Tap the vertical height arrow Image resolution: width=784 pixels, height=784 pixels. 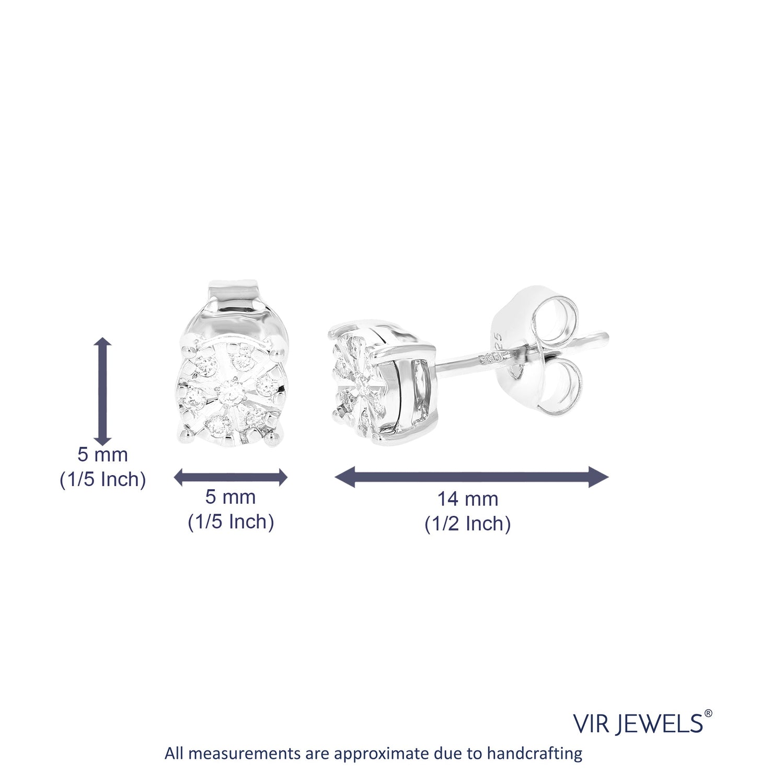(x=103, y=390)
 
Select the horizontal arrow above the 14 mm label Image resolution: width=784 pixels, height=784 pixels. (x=471, y=477)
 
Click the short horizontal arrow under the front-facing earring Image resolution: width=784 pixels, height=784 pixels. (x=230, y=477)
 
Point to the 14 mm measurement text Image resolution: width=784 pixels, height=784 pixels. (x=468, y=499)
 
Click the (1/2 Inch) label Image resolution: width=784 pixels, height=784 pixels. (x=467, y=524)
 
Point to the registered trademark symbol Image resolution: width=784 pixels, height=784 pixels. (x=708, y=713)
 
